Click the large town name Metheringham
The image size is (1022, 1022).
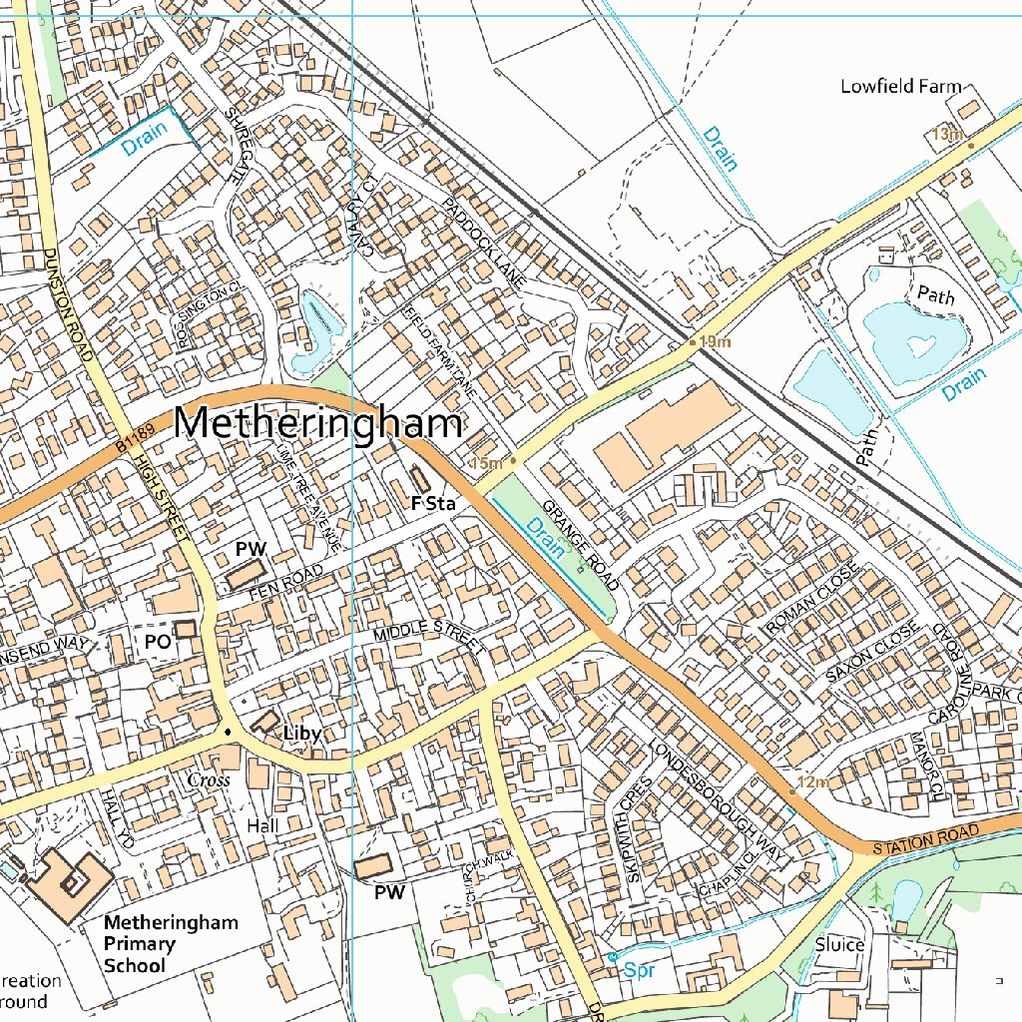[x=318, y=423]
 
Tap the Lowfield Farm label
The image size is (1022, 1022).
[x=900, y=86]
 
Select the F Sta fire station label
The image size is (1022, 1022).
[x=433, y=504]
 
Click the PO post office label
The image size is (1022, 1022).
[x=158, y=642]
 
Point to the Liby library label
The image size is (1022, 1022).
[x=302, y=734]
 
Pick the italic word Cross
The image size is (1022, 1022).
[x=209, y=779]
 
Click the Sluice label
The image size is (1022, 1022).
[x=839, y=944]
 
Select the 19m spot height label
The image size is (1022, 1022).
[x=715, y=342]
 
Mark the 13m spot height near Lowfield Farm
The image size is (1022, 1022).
[x=945, y=134]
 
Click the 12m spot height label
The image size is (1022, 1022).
[x=813, y=781]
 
